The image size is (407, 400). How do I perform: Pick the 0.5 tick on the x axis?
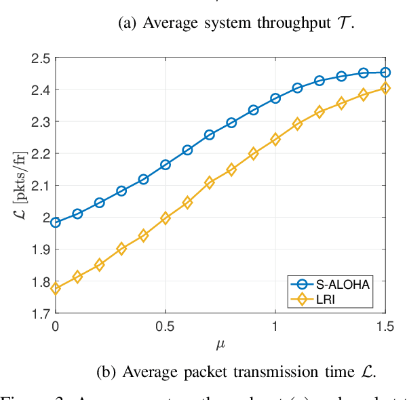coord(165,326)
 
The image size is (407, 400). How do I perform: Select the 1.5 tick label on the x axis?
coord(384,326)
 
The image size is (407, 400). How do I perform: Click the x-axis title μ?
coord(220,344)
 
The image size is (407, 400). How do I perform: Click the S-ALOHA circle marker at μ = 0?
coord(56,222)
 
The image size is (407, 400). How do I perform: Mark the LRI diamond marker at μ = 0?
coord(56,289)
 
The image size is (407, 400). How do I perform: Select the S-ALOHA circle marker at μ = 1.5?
coord(385,72)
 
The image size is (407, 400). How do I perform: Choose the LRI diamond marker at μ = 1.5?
coord(385,87)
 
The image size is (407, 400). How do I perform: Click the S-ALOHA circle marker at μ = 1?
coord(275,98)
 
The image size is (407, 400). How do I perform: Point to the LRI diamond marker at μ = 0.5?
coord(166,218)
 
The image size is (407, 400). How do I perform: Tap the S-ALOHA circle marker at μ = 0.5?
coord(166,165)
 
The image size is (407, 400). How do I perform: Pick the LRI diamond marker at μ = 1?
coord(275,139)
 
